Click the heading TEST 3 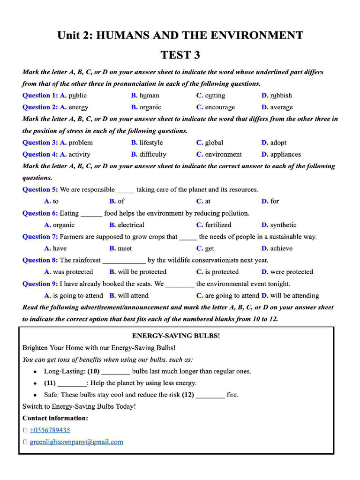180,55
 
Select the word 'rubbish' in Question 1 281,96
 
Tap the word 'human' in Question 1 149,96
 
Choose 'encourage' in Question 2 220,107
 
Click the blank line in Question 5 125,190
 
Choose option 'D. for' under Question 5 270,202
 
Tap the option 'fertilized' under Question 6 218,225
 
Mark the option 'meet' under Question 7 125,248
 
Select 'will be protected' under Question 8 142,272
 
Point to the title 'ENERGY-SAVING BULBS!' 176,336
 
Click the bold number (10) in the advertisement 93,371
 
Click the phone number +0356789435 50,430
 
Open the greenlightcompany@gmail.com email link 76,442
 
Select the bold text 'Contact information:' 55,418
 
